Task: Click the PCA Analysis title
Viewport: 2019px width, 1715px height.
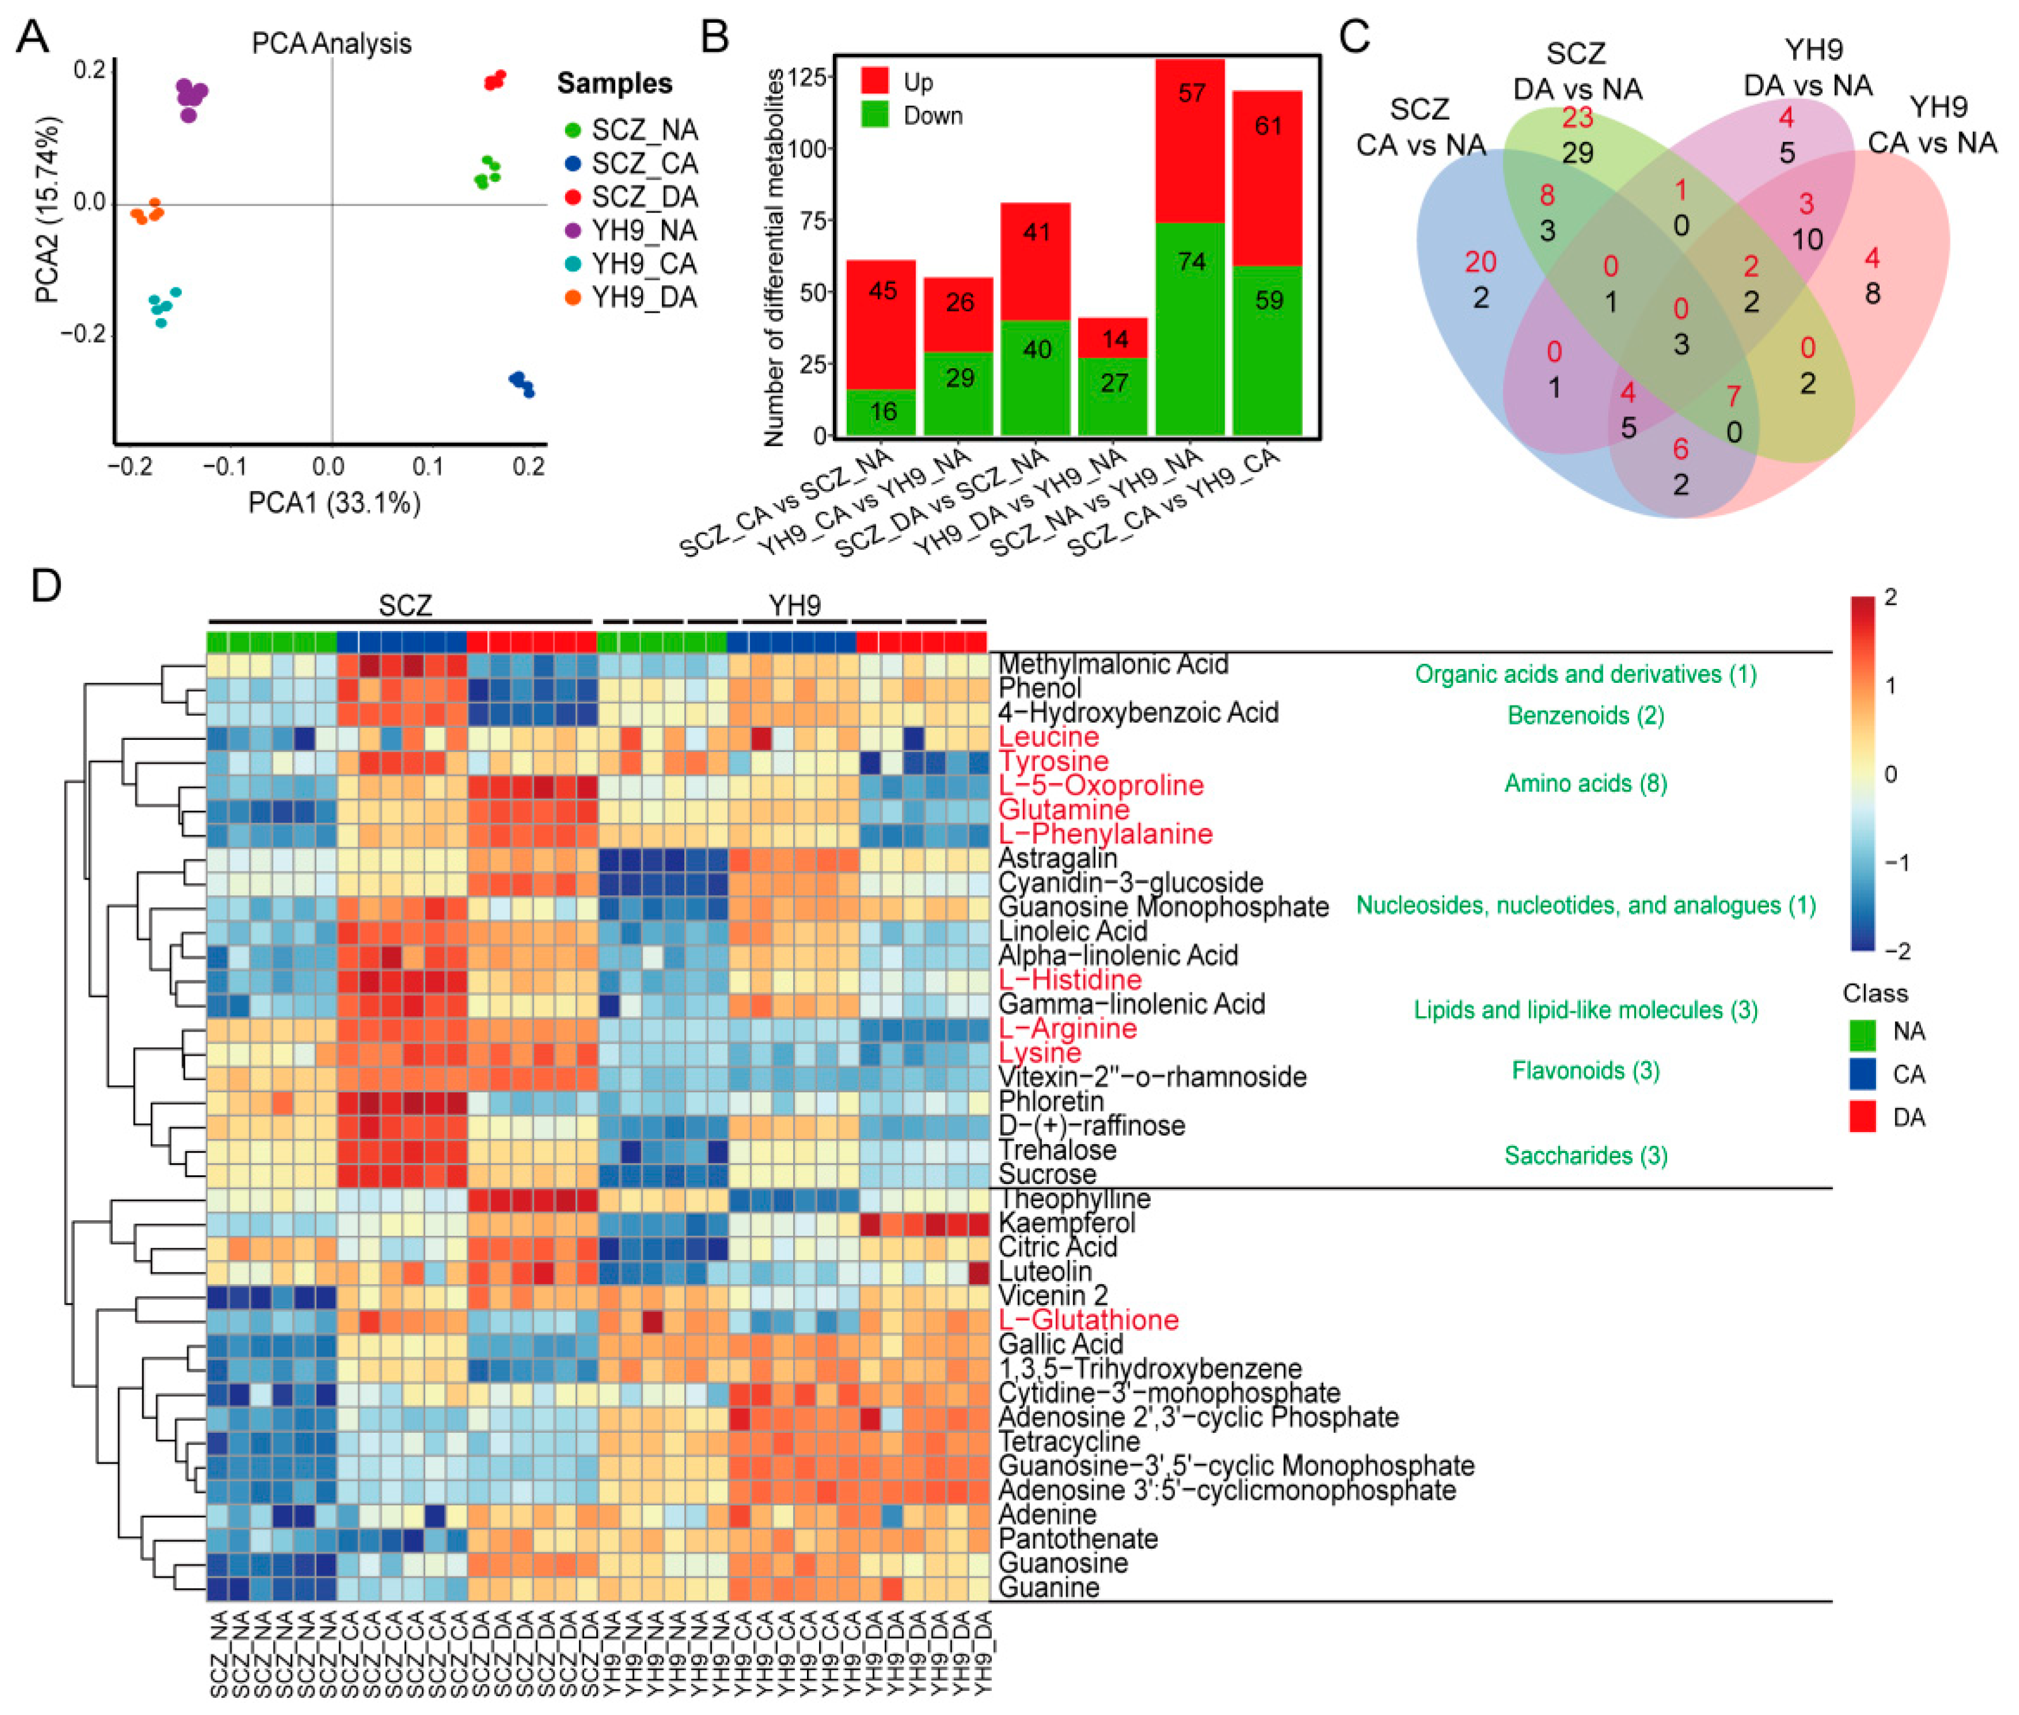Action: click(332, 44)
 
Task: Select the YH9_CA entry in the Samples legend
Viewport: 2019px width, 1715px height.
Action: click(644, 263)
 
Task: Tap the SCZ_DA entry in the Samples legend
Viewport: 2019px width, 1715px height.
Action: click(644, 197)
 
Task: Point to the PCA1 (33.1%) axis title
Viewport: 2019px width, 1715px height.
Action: click(334, 502)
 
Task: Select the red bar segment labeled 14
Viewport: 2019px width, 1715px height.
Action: click(1113, 339)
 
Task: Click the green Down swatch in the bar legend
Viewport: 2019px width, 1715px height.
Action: click(875, 116)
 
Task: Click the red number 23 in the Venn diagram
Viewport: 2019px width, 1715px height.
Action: click(1577, 118)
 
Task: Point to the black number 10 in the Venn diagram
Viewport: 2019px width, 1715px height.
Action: click(1806, 239)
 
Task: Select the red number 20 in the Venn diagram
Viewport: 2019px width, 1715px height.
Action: click(1480, 261)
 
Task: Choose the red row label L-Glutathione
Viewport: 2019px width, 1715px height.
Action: click(1088, 1319)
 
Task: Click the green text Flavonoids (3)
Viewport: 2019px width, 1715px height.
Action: click(1585, 1070)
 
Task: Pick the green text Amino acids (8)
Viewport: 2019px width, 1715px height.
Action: click(1585, 783)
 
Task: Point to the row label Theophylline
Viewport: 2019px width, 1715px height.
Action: click(1074, 1199)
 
